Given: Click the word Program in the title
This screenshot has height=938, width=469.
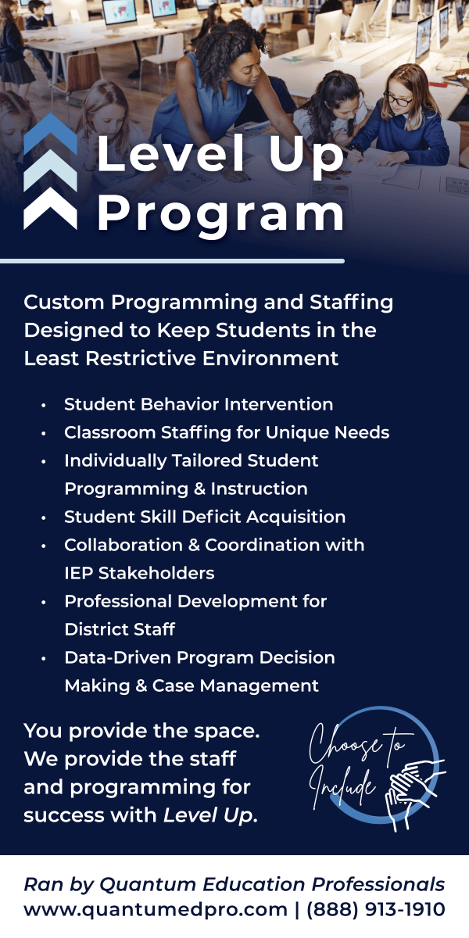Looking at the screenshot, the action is click(220, 214).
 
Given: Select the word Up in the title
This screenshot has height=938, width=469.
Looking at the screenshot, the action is click(306, 155).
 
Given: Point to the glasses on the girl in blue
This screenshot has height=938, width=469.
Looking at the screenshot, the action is click(397, 100).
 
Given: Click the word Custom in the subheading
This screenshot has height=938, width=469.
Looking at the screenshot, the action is click(64, 303).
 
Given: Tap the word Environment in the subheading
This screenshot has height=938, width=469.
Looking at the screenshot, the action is click(270, 359).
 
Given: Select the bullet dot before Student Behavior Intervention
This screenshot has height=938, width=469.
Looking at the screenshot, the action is click(44, 406).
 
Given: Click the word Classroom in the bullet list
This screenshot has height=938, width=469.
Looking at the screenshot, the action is click(109, 432).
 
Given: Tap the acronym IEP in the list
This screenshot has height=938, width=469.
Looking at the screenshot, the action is click(78, 573).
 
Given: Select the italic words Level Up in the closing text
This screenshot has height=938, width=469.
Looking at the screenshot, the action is click(208, 816).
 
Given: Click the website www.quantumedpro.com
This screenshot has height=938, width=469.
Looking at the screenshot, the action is click(156, 910).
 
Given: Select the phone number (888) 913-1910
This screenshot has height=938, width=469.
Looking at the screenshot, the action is click(376, 910).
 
